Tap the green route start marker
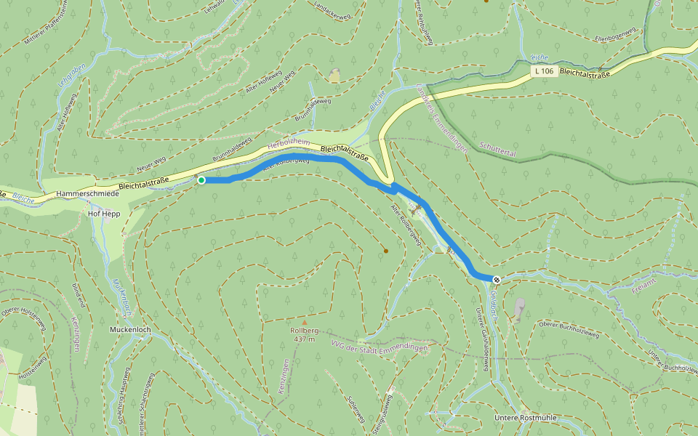tap(201, 179)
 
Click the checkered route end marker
tap(497, 280)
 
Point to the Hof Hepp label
tap(104, 214)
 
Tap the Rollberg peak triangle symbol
tap(305, 322)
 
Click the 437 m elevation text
tap(305, 339)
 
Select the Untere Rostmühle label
tap(525, 417)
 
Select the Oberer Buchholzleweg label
tap(569, 329)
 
